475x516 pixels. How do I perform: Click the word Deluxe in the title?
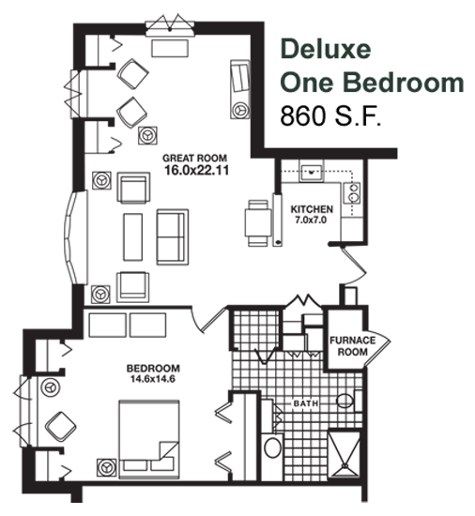326,49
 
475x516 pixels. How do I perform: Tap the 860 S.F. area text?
330,115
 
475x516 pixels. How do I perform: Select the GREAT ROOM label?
195,159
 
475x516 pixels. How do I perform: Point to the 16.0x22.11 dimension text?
196,170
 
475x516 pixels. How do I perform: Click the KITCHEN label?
312,209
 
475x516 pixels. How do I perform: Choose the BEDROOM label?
153,368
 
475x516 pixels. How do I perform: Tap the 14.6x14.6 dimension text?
153,379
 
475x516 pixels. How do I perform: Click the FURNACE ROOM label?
353,346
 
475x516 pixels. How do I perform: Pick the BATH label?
306,403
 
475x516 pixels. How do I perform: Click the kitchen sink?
311,171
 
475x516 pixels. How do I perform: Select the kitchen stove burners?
352,193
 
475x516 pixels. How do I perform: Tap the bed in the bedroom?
149,439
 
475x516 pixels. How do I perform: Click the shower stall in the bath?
345,454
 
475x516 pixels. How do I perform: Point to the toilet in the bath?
349,401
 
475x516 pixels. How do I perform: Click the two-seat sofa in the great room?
173,237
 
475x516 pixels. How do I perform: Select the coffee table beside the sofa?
133,237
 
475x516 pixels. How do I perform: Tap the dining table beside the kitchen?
258,223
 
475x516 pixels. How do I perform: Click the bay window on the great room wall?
74,237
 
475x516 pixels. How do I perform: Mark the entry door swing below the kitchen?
355,265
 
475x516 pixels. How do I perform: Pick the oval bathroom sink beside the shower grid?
273,447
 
